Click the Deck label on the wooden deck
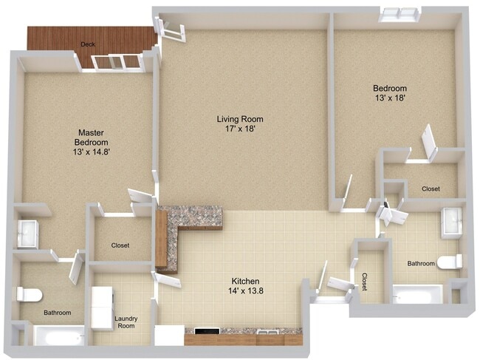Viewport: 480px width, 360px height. click(88, 44)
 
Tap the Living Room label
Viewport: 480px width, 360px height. click(239, 119)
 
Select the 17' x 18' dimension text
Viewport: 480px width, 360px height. click(239, 129)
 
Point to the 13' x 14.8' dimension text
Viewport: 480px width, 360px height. click(92, 152)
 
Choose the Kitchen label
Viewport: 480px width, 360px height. click(245, 282)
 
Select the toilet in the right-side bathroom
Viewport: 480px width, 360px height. click(450, 262)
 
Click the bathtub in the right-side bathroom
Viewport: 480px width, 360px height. click(416, 294)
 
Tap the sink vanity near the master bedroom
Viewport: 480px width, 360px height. click(27, 234)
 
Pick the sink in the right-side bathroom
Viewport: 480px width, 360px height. click(451, 222)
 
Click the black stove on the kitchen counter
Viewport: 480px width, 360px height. click(204, 333)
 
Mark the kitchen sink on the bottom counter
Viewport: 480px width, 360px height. click(267, 333)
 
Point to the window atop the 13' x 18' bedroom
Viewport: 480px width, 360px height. click(400, 14)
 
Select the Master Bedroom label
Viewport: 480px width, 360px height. click(92, 137)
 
